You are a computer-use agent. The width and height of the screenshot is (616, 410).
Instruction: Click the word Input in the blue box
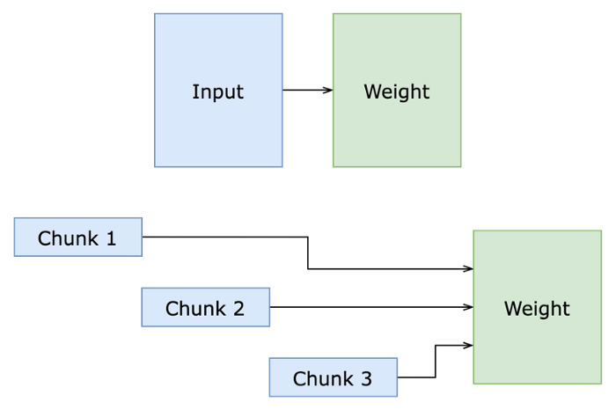[217, 92]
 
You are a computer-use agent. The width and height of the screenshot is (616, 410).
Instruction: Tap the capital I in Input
[194, 92]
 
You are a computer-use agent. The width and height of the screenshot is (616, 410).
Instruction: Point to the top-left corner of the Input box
[155, 13]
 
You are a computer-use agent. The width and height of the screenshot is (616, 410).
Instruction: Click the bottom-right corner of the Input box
[282, 166]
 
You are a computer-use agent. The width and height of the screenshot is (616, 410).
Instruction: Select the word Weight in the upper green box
[396, 92]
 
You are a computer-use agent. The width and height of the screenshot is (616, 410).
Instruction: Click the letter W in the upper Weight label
[371, 92]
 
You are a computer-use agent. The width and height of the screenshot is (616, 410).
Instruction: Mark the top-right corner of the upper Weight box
[461, 13]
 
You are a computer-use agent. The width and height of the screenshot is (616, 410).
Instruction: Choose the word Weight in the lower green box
[537, 309]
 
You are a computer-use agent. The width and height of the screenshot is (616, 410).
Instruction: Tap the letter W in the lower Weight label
[512, 309]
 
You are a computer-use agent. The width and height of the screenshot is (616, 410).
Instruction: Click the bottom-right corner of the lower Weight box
[602, 384]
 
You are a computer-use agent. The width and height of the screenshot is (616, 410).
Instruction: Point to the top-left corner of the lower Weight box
[473, 231]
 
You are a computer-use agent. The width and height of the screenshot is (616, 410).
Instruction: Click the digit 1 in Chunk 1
[110, 238]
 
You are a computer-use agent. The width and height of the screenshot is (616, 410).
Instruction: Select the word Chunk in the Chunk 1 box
[67, 238]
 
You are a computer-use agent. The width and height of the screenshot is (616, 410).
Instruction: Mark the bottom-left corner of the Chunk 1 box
[14, 256]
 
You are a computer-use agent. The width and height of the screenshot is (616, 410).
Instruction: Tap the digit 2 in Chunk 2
[238, 309]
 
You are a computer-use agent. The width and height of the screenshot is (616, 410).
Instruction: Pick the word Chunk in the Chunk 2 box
[194, 309]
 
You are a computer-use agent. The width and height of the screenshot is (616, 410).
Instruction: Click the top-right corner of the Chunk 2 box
[269, 288]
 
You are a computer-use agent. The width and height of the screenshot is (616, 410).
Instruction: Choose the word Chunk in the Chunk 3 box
[322, 379]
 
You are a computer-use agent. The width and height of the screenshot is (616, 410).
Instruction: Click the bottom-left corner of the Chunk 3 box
[269, 396]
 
